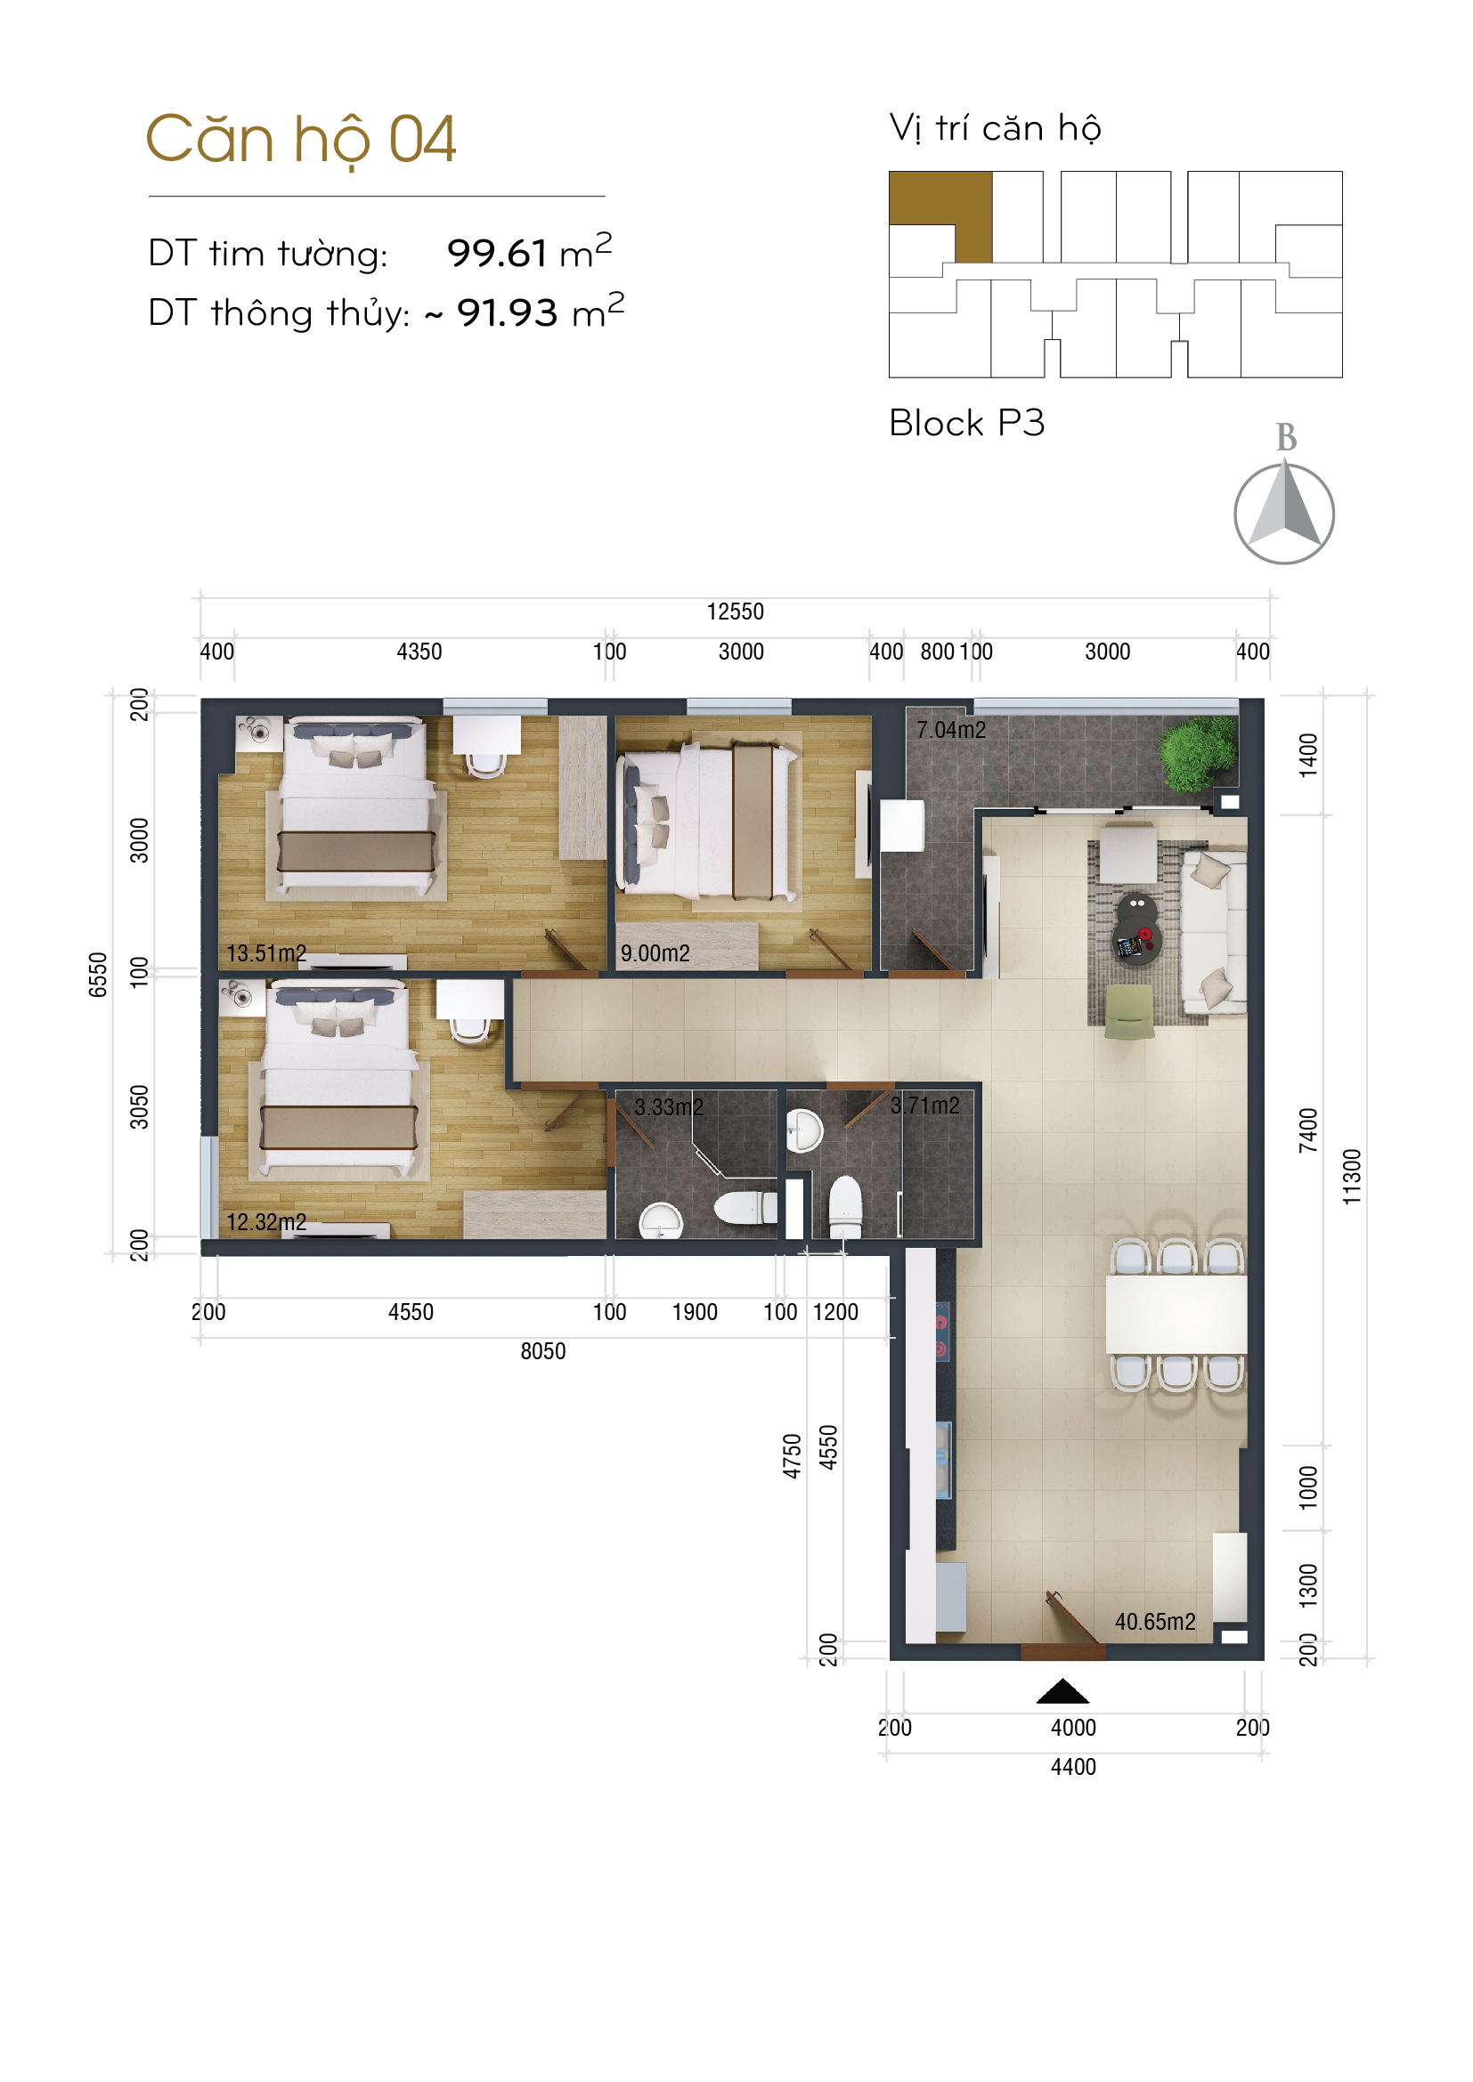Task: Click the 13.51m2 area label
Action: click(266, 953)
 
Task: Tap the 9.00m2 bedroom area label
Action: click(655, 953)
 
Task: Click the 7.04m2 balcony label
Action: click(950, 730)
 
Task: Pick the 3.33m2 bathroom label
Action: click(669, 1107)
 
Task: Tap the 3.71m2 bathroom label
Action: click(924, 1106)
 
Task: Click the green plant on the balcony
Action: click(1199, 753)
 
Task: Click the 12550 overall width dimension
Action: click(735, 612)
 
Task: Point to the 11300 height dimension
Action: click(1352, 1176)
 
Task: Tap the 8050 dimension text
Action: click(542, 1351)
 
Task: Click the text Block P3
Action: click(967, 423)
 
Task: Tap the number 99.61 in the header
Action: click(497, 253)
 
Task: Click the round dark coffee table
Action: click(1135, 928)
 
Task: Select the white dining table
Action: click(1176, 1315)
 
